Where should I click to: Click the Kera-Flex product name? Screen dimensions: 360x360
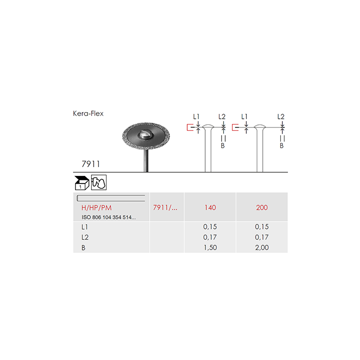coord(88,114)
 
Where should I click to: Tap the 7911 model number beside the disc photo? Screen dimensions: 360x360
coord(91,164)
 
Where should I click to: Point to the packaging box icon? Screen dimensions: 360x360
coord(82,183)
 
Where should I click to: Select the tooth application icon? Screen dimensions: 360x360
coord(99,183)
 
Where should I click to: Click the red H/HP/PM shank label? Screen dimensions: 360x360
coord(97,208)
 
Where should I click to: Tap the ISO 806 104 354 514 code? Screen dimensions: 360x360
coord(109,217)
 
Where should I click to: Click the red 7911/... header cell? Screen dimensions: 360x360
coord(165,208)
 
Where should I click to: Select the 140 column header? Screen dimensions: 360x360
coord(210,208)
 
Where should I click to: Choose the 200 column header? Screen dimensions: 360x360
coord(262,208)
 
